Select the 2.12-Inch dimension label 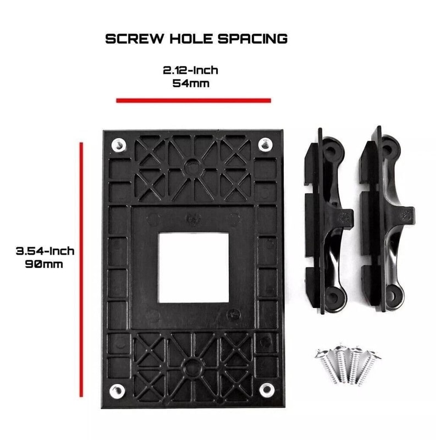click(x=190, y=70)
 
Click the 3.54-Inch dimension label click(x=45, y=251)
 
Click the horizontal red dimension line click(x=194, y=100)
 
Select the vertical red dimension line click(x=81, y=269)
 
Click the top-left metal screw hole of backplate click(x=119, y=145)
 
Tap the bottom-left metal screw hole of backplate click(x=116, y=391)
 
